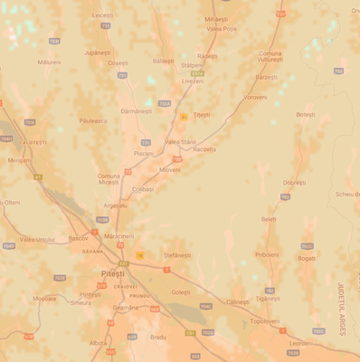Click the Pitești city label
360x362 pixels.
pyautogui.click(x=113, y=272)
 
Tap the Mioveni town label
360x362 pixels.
pyautogui.click(x=169, y=169)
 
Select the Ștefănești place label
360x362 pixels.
pyautogui.click(x=178, y=256)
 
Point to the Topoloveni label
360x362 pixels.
pyautogui.click(x=265, y=321)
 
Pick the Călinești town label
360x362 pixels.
pyautogui.click(x=238, y=301)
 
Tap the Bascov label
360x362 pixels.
pyautogui.click(x=79, y=239)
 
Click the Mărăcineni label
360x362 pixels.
pyautogui.click(x=118, y=235)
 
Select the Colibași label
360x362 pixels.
pyautogui.click(x=143, y=189)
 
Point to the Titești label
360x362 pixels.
pyautogui.click(x=201, y=115)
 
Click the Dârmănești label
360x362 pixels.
pyautogui.click(x=136, y=110)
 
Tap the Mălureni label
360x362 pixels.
pyautogui.click(x=50, y=62)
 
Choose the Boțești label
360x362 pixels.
pyautogui.click(x=306, y=114)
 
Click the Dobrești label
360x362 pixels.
pyautogui.click(x=295, y=182)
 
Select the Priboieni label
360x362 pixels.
pyautogui.click(x=267, y=254)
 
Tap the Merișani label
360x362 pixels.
pyautogui.click(x=19, y=160)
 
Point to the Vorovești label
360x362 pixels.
pyautogui.click(x=255, y=97)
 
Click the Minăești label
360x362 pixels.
pyautogui.click(x=216, y=19)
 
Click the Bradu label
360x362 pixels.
pyautogui.click(x=158, y=337)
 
